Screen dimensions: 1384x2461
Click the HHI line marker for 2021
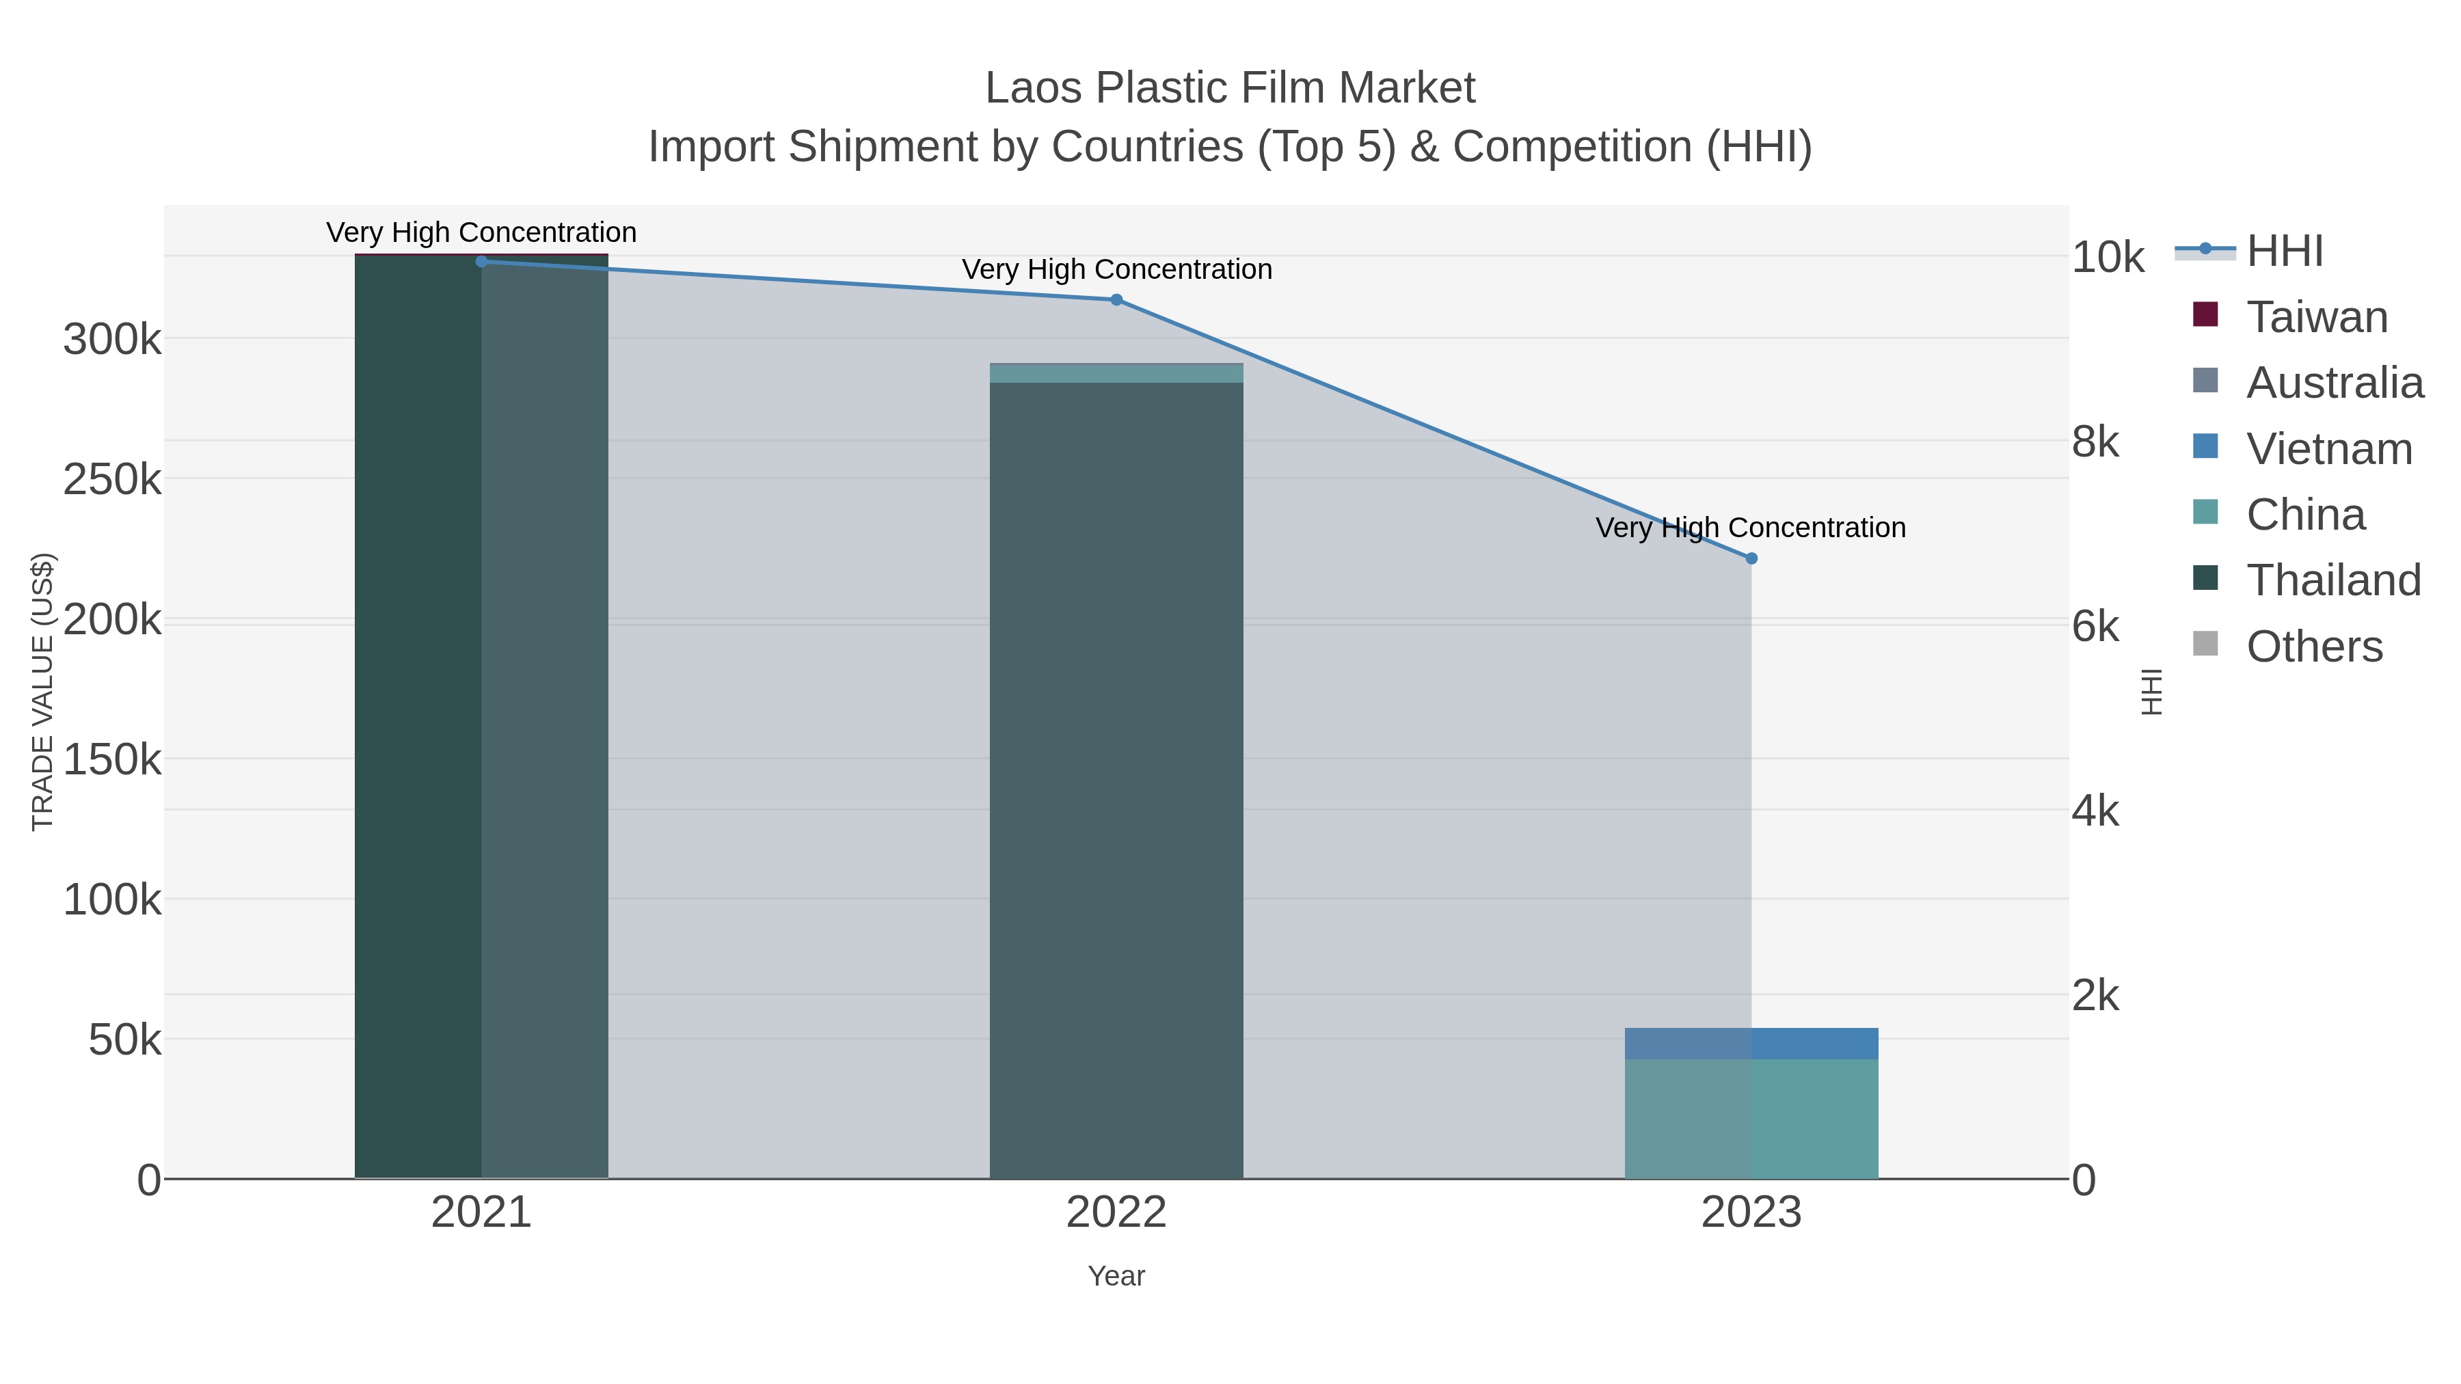coord(481,261)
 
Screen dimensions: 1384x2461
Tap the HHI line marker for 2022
coord(1116,300)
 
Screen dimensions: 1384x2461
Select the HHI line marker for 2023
coord(1751,559)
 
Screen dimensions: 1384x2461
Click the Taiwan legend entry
coord(2317,317)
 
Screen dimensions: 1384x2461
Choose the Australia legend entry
coord(2334,383)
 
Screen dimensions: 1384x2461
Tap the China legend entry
coord(2305,515)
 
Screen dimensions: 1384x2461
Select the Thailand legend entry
coord(2333,581)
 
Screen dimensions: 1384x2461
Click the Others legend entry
coord(2314,647)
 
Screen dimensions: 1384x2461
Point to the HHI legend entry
coord(2284,252)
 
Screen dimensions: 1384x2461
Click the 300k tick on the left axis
coord(112,339)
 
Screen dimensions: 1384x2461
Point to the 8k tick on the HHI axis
coord(2096,442)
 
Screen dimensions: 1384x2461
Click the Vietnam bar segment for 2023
coord(1751,1043)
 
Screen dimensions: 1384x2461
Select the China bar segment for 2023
coord(1751,1118)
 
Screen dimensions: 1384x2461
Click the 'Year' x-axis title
coord(1116,1276)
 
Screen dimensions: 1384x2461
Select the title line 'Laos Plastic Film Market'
coord(1230,88)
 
